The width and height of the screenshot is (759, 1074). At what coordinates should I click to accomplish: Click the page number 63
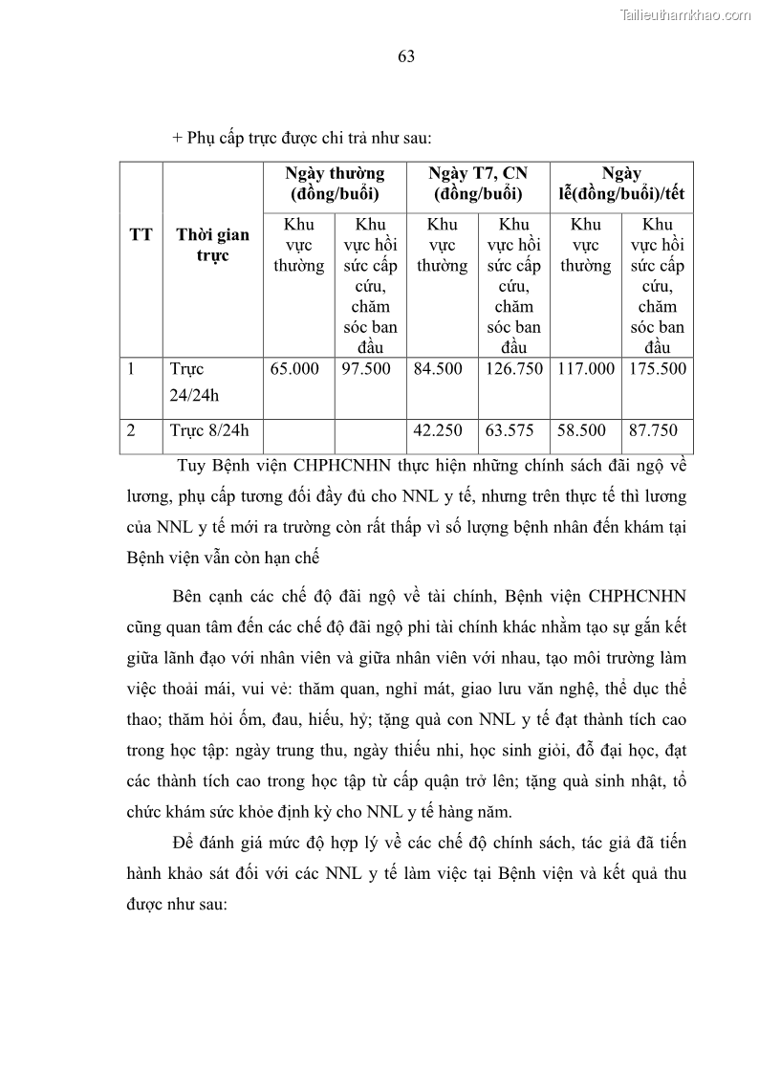point(405,56)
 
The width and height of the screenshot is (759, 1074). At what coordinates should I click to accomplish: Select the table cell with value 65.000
point(294,369)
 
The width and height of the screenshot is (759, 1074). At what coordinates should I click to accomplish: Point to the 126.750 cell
point(513,369)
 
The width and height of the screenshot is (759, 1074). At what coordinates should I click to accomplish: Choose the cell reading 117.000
point(586,369)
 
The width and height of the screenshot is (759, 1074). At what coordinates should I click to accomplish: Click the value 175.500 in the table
point(658,369)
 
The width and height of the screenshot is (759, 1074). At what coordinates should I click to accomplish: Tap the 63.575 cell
point(510,430)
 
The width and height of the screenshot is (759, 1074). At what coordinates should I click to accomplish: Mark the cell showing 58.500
point(581,430)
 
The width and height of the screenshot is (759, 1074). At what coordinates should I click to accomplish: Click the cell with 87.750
point(653,430)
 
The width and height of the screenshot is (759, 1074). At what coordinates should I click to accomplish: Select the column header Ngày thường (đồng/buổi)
point(335,184)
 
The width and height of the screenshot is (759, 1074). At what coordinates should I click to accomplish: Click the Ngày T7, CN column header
point(478,184)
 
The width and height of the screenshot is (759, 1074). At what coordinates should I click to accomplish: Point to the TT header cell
point(141,235)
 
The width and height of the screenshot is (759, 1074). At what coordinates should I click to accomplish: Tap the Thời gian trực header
point(213,245)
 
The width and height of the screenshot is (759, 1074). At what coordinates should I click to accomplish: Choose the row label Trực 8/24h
point(209,430)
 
